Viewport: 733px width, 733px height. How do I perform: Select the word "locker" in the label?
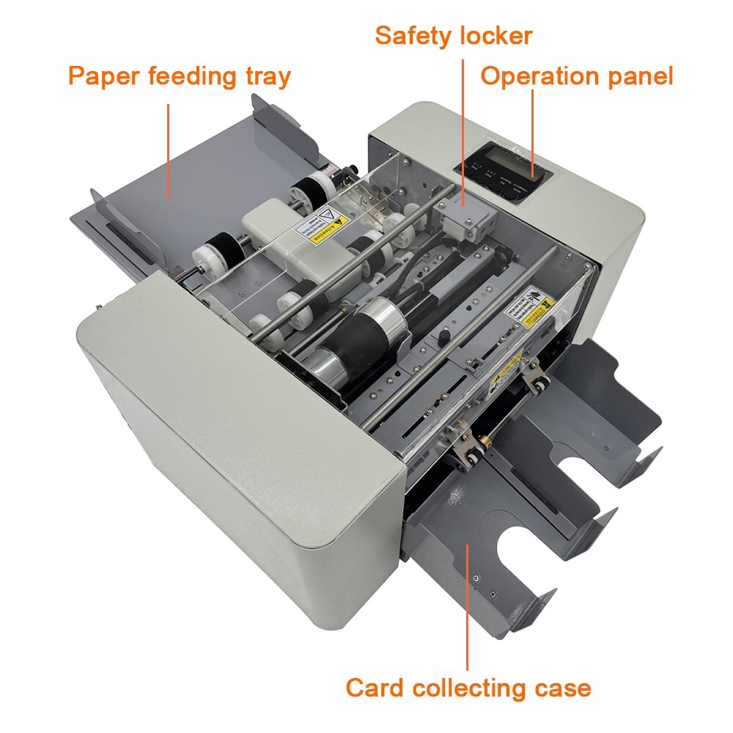click(496, 35)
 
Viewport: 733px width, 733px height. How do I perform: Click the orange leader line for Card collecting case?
click(468, 601)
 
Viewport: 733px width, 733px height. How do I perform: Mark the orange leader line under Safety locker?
click(464, 121)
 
